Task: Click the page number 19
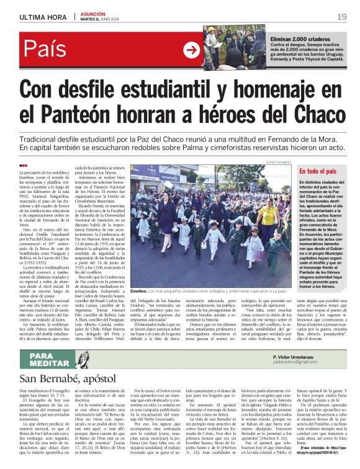tap(341, 16)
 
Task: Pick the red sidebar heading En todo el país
tap(319, 171)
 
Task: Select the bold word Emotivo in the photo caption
tap(138, 291)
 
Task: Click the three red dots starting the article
tap(24, 165)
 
